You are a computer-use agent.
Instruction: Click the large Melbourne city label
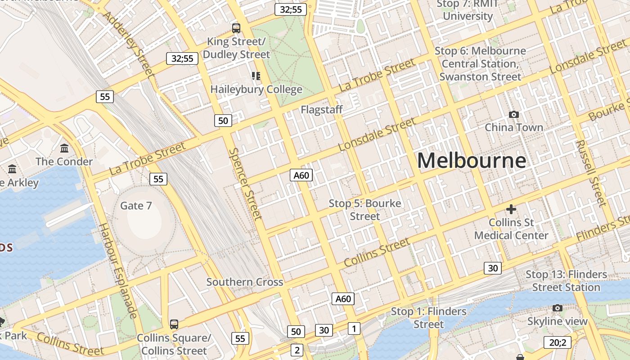pos(472,161)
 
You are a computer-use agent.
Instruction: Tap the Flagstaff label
pos(322,109)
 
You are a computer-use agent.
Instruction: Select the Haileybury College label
pos(256,89)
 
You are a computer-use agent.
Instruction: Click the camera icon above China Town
pos(513,115)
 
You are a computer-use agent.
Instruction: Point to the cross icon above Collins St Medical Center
pos(511,209)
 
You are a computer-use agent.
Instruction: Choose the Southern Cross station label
pos(244,282)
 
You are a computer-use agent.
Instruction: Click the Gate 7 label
pos(136,206)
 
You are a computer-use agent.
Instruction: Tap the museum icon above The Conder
pos(64,148)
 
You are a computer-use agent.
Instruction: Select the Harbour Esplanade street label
pos(117,270)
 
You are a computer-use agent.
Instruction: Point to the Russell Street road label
pos(591,173)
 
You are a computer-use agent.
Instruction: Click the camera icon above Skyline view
pos(558,308)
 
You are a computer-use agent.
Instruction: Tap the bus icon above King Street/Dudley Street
pos(236,28)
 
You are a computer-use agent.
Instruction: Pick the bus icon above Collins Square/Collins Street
pos(174,324)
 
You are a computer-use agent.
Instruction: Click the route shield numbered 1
pos(354,328)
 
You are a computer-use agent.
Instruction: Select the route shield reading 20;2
pos(557,342)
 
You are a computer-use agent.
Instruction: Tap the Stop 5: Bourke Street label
pos(364,210)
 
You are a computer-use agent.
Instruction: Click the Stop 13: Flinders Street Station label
pos(566,281)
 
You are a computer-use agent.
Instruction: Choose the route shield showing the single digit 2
pos(297,350)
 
